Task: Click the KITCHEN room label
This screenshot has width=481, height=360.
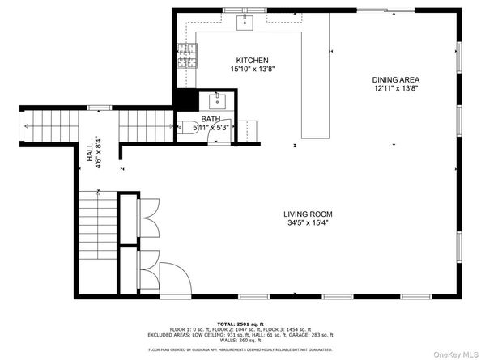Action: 252,61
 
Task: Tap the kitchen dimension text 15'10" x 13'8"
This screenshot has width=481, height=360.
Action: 252,70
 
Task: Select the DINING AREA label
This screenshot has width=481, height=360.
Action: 395,79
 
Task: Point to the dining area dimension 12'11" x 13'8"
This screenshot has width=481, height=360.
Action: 395,89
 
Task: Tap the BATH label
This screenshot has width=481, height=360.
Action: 210,119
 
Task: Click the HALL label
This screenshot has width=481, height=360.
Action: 89,151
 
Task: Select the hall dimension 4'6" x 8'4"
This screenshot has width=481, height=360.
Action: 97,151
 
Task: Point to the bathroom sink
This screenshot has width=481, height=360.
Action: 217,101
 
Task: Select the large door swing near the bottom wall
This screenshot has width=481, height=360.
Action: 173,282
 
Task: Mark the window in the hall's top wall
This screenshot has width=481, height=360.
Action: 99,107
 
